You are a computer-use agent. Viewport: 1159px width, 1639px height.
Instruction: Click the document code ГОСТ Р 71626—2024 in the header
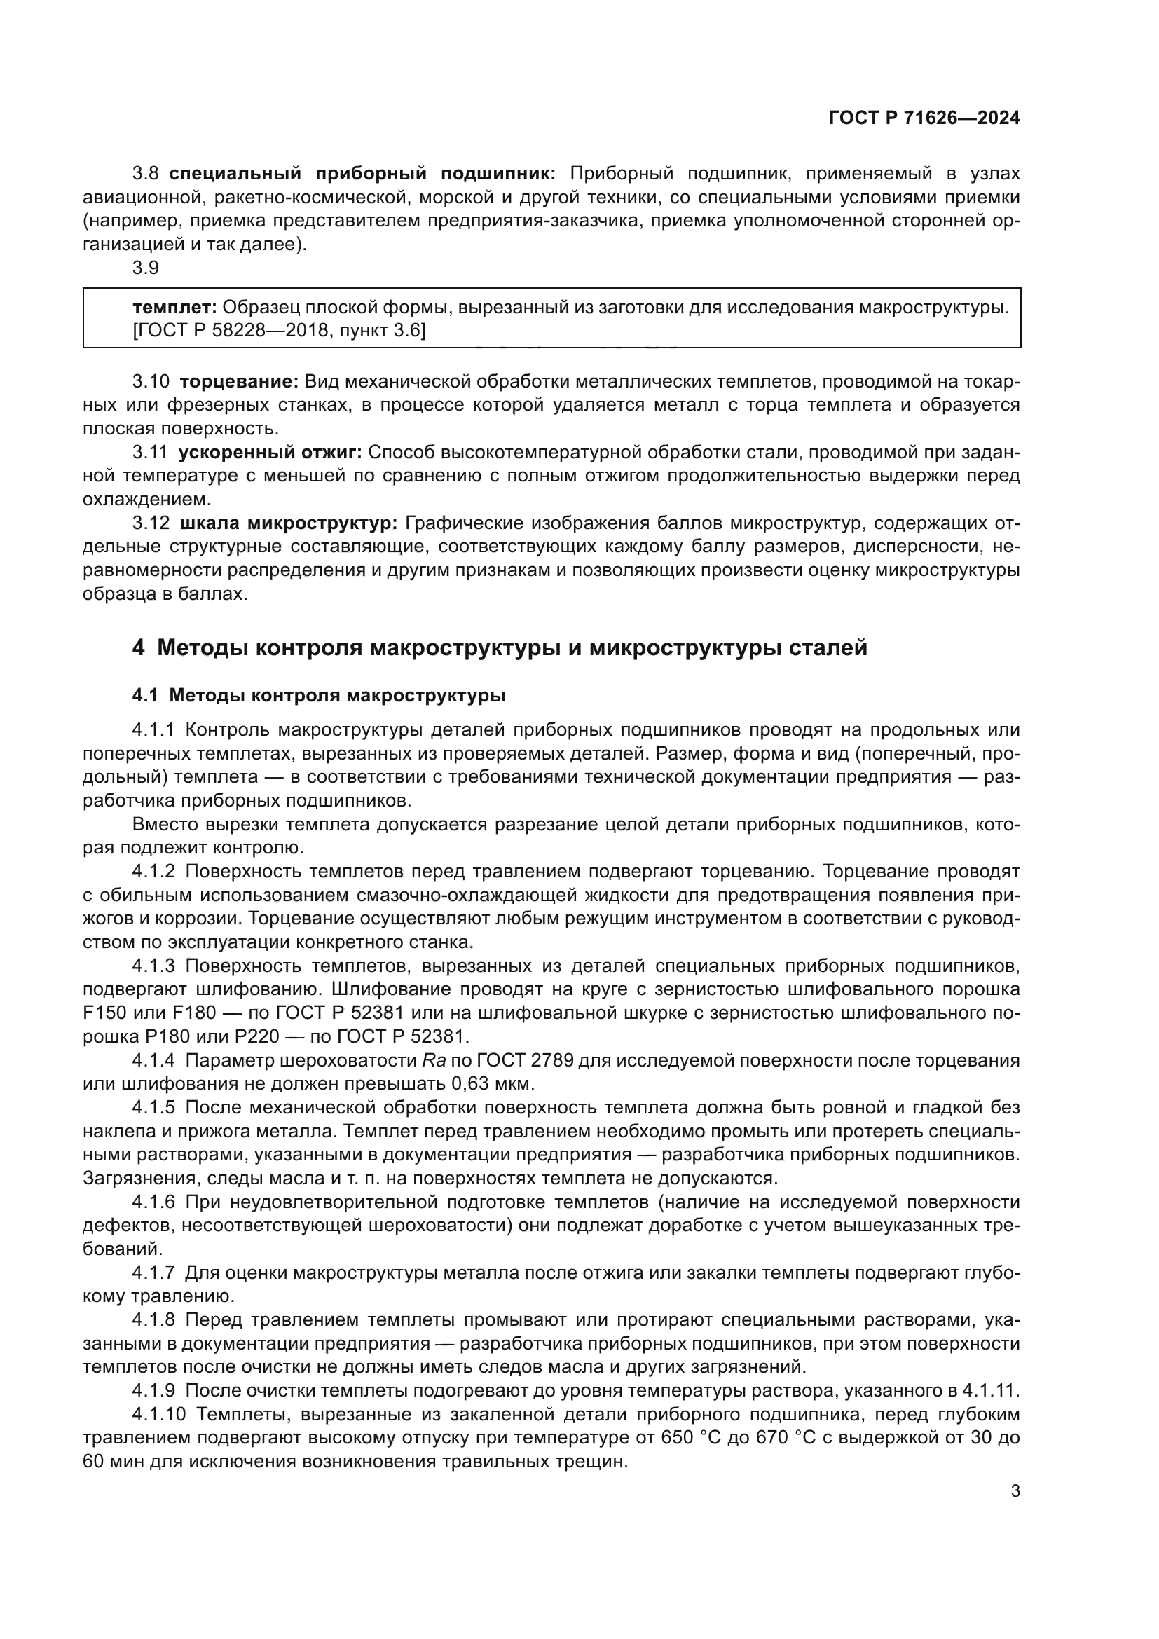point(924,118)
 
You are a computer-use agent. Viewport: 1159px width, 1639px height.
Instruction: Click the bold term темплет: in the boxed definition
point(175,308)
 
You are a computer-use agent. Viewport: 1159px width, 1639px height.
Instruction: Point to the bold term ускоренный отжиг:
point(270,452)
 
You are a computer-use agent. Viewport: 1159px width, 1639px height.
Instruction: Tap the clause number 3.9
point(146,268)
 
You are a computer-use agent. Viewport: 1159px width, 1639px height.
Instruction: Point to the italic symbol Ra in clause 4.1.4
point(434,1061)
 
